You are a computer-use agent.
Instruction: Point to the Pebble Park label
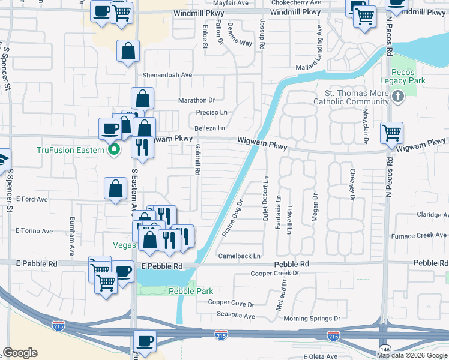190,291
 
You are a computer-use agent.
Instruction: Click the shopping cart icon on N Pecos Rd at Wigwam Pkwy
391,133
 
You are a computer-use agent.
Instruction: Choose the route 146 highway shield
384,348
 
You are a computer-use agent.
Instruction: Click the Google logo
20,353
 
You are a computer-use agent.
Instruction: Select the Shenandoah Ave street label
167,75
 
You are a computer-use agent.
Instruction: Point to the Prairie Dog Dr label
231,218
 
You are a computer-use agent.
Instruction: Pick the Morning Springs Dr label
312,319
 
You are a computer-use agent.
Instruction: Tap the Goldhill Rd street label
197,160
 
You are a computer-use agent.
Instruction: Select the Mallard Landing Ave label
319,50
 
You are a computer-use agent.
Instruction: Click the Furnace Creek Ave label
424,235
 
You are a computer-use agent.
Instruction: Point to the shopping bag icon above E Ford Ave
115,189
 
